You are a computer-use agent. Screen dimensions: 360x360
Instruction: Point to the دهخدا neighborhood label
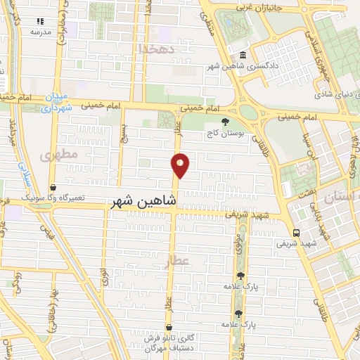click(156, 48)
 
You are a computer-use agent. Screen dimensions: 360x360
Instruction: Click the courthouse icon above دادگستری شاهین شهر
click(242, 55)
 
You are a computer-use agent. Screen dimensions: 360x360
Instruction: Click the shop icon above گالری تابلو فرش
click(169, 328)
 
